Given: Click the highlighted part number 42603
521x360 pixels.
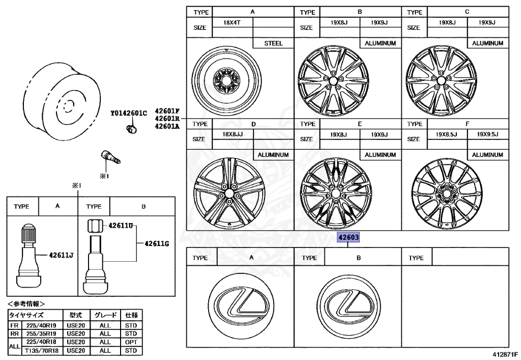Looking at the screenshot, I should [x=349, y=238].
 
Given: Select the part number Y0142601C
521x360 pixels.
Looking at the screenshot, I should [x=129, y=113].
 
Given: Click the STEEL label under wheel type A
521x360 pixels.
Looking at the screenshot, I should [x=273, y=44].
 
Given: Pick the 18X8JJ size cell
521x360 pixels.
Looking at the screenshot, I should [x=233, y=134].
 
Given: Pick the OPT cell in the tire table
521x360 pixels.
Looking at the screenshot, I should [x=131, y=342].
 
